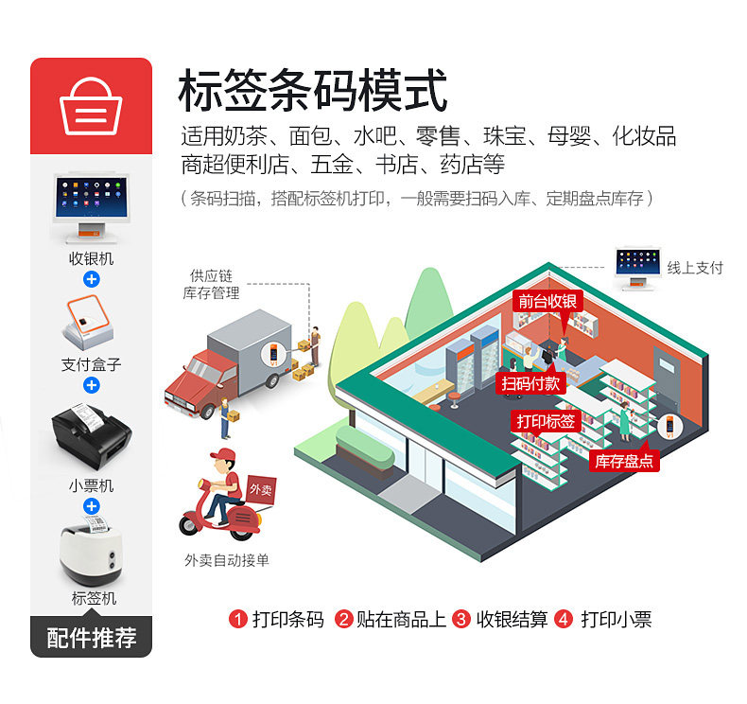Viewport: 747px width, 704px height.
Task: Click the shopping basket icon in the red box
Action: (x=91, y=107)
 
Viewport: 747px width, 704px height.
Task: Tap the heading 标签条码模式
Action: (x=312, y=92)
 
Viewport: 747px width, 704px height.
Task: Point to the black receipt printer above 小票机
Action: (x=91, y=438)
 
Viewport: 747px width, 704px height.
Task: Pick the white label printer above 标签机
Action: (x=91, y=553)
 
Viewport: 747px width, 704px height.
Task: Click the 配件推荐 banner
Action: (x=91, y=637)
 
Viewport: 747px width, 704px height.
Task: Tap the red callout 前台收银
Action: (x=547, y=301)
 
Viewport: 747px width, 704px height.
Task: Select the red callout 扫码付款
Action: (x=530, y=382)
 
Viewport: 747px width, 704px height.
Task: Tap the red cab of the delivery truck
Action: (x=195, y=373)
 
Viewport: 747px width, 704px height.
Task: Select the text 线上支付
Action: (x=695, y=268)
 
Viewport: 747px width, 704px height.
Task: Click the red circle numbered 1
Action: (x=238, y=620)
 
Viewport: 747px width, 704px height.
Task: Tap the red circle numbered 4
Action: (x=564, y=620)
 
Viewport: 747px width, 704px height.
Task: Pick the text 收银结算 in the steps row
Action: (x=512, y=620)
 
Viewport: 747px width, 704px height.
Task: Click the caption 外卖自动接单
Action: (x=227, y=560)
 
